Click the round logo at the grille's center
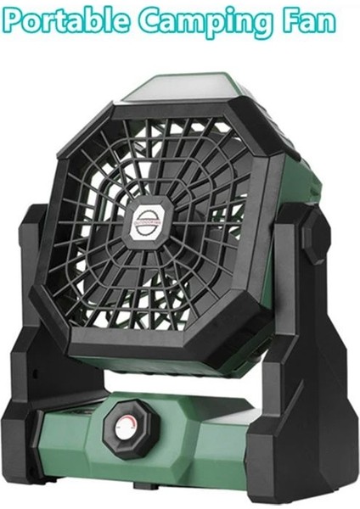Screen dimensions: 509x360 (150, 218)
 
